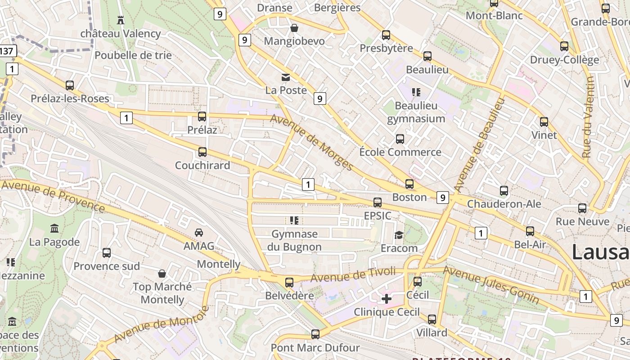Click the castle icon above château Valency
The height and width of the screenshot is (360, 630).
pyautogui.click(x=120, y=20)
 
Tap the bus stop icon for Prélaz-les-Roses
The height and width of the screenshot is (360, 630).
pyautogui.click(x=70, y=85)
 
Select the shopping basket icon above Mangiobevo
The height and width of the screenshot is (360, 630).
pyautogui.click(x=294, y=28)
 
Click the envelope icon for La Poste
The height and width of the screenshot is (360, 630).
pyautogui.click(x=286, y=77)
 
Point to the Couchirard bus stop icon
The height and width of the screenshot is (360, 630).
pyautogui.click(x=202, y=152)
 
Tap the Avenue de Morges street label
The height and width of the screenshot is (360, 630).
pyautogui.click(x=312, y=142)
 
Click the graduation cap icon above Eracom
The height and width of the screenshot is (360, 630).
pyautogui.click(x=399, y=235)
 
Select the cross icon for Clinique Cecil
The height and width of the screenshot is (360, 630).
pyautogui.click(x=387, y=298)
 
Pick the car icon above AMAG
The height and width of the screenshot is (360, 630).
pyautogui.click(x=198, y=233)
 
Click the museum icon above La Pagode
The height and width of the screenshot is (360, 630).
pyautogui.click(x=54, y=229)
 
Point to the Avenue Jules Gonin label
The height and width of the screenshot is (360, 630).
pyautogui.click(x=491, y=285)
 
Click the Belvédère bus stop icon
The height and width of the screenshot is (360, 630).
pyautogui.click(x=289, y=282)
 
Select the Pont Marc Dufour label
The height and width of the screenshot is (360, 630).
pyautogui.click(x=315, y=348)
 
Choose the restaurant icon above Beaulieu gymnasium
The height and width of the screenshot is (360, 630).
pyautogui.click(x=416, y=92)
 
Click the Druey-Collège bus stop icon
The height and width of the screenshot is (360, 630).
pyautogui.click(x=564, y=46)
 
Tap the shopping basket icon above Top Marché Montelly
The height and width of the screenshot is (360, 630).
pyautogui.click(x=162, y=274)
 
